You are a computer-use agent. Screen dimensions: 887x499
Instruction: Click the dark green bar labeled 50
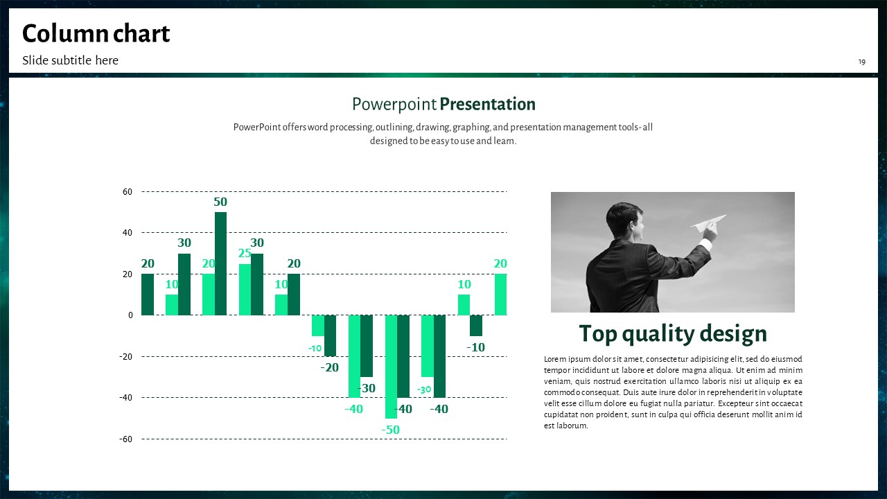(x=220, y=263)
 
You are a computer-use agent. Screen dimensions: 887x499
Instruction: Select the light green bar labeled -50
(x=392, y=367)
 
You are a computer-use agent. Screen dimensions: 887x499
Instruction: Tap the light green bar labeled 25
(x=245, y=290)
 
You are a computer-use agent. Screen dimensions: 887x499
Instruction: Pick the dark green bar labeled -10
(x=476, y=326)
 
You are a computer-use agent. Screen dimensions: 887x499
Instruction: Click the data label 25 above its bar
(x=245, y=253)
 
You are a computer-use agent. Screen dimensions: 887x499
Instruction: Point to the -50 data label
(x=390, y=430)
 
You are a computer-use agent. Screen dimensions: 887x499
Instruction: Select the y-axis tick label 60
(x=127, y=192)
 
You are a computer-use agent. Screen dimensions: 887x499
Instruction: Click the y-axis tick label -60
(x=125, y=439)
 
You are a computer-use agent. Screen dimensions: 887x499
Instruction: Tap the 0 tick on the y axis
(x=130, y=315)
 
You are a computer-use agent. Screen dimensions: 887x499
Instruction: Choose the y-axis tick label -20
(x=125, y=356)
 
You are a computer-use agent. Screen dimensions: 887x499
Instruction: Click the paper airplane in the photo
(x=709, y=223)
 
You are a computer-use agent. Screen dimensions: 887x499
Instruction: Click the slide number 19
(x=861, y=62)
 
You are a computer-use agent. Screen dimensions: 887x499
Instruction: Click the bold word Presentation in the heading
(x=487, y=104)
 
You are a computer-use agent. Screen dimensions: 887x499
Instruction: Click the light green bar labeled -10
(x=318, y=326)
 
